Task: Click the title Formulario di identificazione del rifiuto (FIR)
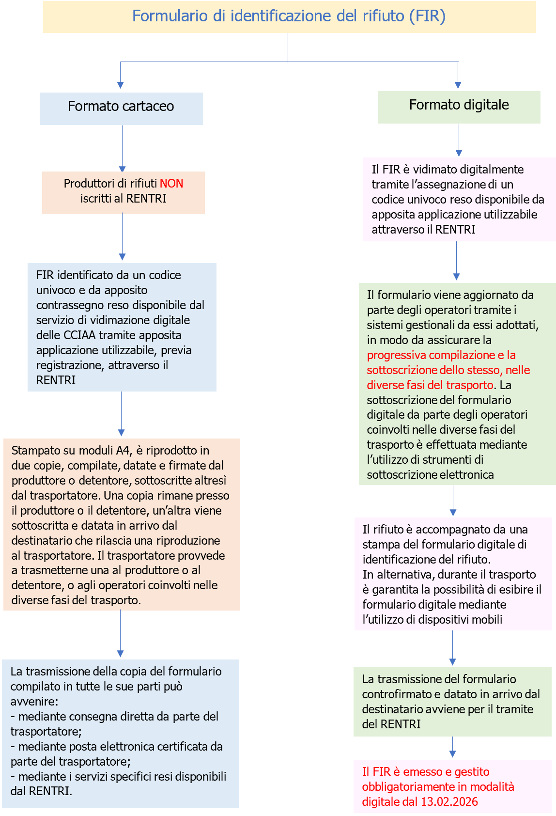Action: click(x=289, y=16)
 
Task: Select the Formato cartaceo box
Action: click(x=121, y=107)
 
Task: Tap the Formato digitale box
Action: click(x=459, y=105)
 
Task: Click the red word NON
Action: click(x=171, y=184)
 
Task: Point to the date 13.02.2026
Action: click(x=449, y=802)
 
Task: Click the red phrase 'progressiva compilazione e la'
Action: click(x=441, y=355)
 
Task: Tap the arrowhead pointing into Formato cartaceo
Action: click(x=121, y=85)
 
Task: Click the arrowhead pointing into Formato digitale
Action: click(x=458, y=85)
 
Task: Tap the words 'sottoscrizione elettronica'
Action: click(x=430, y=475)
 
